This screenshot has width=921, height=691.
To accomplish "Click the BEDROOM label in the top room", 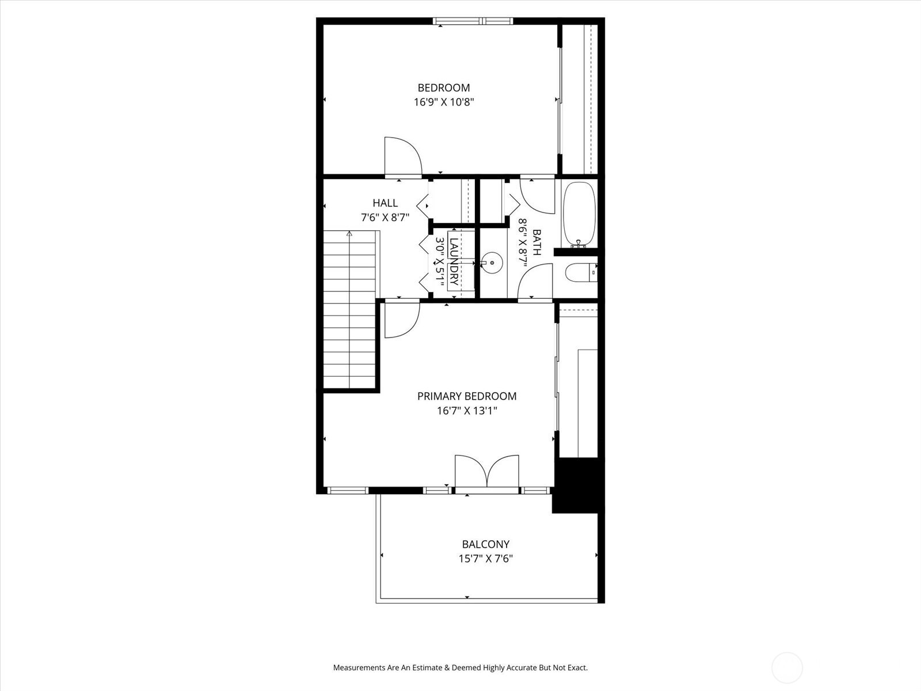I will click(x=443, y=88).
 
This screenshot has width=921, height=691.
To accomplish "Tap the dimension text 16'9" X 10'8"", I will click(x=443, y=102).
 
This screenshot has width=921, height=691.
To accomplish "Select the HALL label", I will click(x=385, y=203).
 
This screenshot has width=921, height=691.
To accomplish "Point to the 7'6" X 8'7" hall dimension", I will click(x=385, y=218).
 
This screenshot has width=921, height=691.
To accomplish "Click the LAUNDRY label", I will click(x=454, y=262).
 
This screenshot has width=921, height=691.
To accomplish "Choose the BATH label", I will click(x=536, y=242).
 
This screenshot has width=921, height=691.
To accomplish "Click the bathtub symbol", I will click(x=579, y=213).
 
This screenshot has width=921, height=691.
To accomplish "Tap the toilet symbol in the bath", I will click(x=580, y=272).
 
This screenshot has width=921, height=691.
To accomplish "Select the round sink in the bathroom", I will click(x=492, y=263).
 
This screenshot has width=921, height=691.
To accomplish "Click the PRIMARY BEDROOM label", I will click(x=466, y=396).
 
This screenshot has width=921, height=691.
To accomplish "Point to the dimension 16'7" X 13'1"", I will click(x=466, y=411).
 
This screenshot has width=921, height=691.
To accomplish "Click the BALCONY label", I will click(x=485, y=544).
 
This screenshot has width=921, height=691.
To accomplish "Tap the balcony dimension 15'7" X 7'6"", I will click(x=485, y=559).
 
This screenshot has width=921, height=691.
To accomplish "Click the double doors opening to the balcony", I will click(x=487, y=472).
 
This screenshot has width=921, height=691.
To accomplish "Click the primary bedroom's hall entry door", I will click(x=401, y=320).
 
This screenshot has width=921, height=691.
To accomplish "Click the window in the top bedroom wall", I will click(x=473, y=21).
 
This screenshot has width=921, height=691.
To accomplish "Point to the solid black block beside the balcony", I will click(x=578, y=484).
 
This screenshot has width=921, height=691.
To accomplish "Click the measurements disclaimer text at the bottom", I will click(x=460, y=668).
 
